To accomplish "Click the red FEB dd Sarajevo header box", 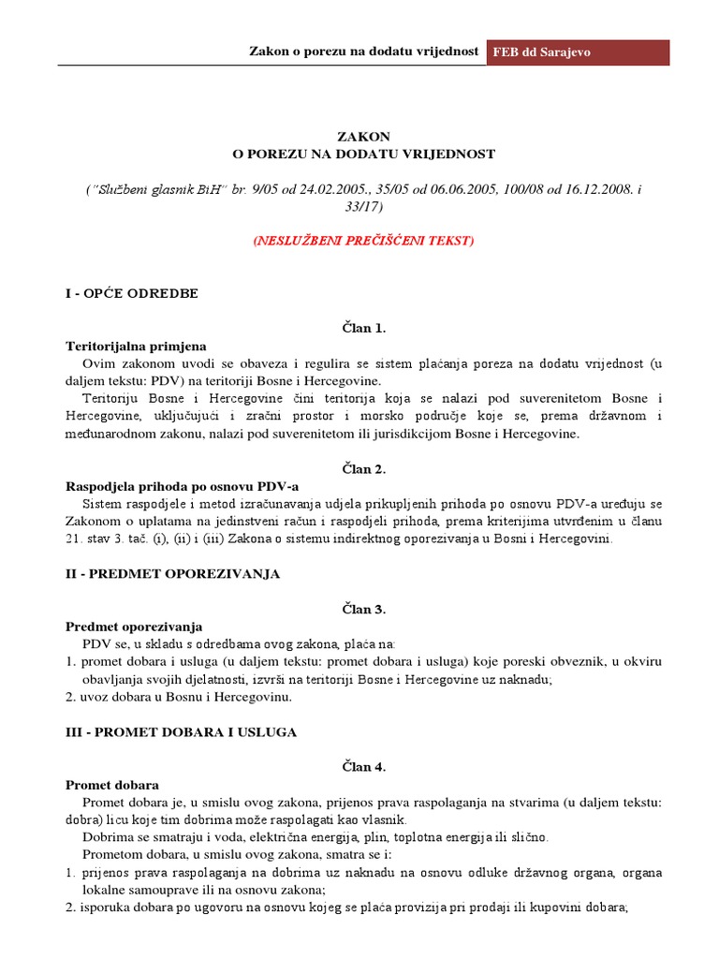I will pos(578,52).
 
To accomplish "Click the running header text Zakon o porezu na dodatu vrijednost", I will pos(364,51).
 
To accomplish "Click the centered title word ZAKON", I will pos(363,137).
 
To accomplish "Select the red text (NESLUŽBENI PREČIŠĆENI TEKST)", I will pos(363,241).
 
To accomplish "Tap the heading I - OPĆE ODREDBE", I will pos(131,293).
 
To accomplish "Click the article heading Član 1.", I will pos(363,329).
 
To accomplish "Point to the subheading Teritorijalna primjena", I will pos(135,346).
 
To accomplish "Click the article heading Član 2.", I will pos(363,469).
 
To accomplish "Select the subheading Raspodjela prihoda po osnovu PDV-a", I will pos(182,487).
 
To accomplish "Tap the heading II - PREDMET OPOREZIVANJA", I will pos(172,573).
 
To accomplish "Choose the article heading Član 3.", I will pos(363,609).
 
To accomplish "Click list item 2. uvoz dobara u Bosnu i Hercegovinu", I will pos(179,697).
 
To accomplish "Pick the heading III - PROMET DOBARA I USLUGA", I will pos(181,731).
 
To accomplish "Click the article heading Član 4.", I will pos(363,767).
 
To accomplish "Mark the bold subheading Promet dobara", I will pos(111,784).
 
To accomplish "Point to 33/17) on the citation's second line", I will pos(363,205).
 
